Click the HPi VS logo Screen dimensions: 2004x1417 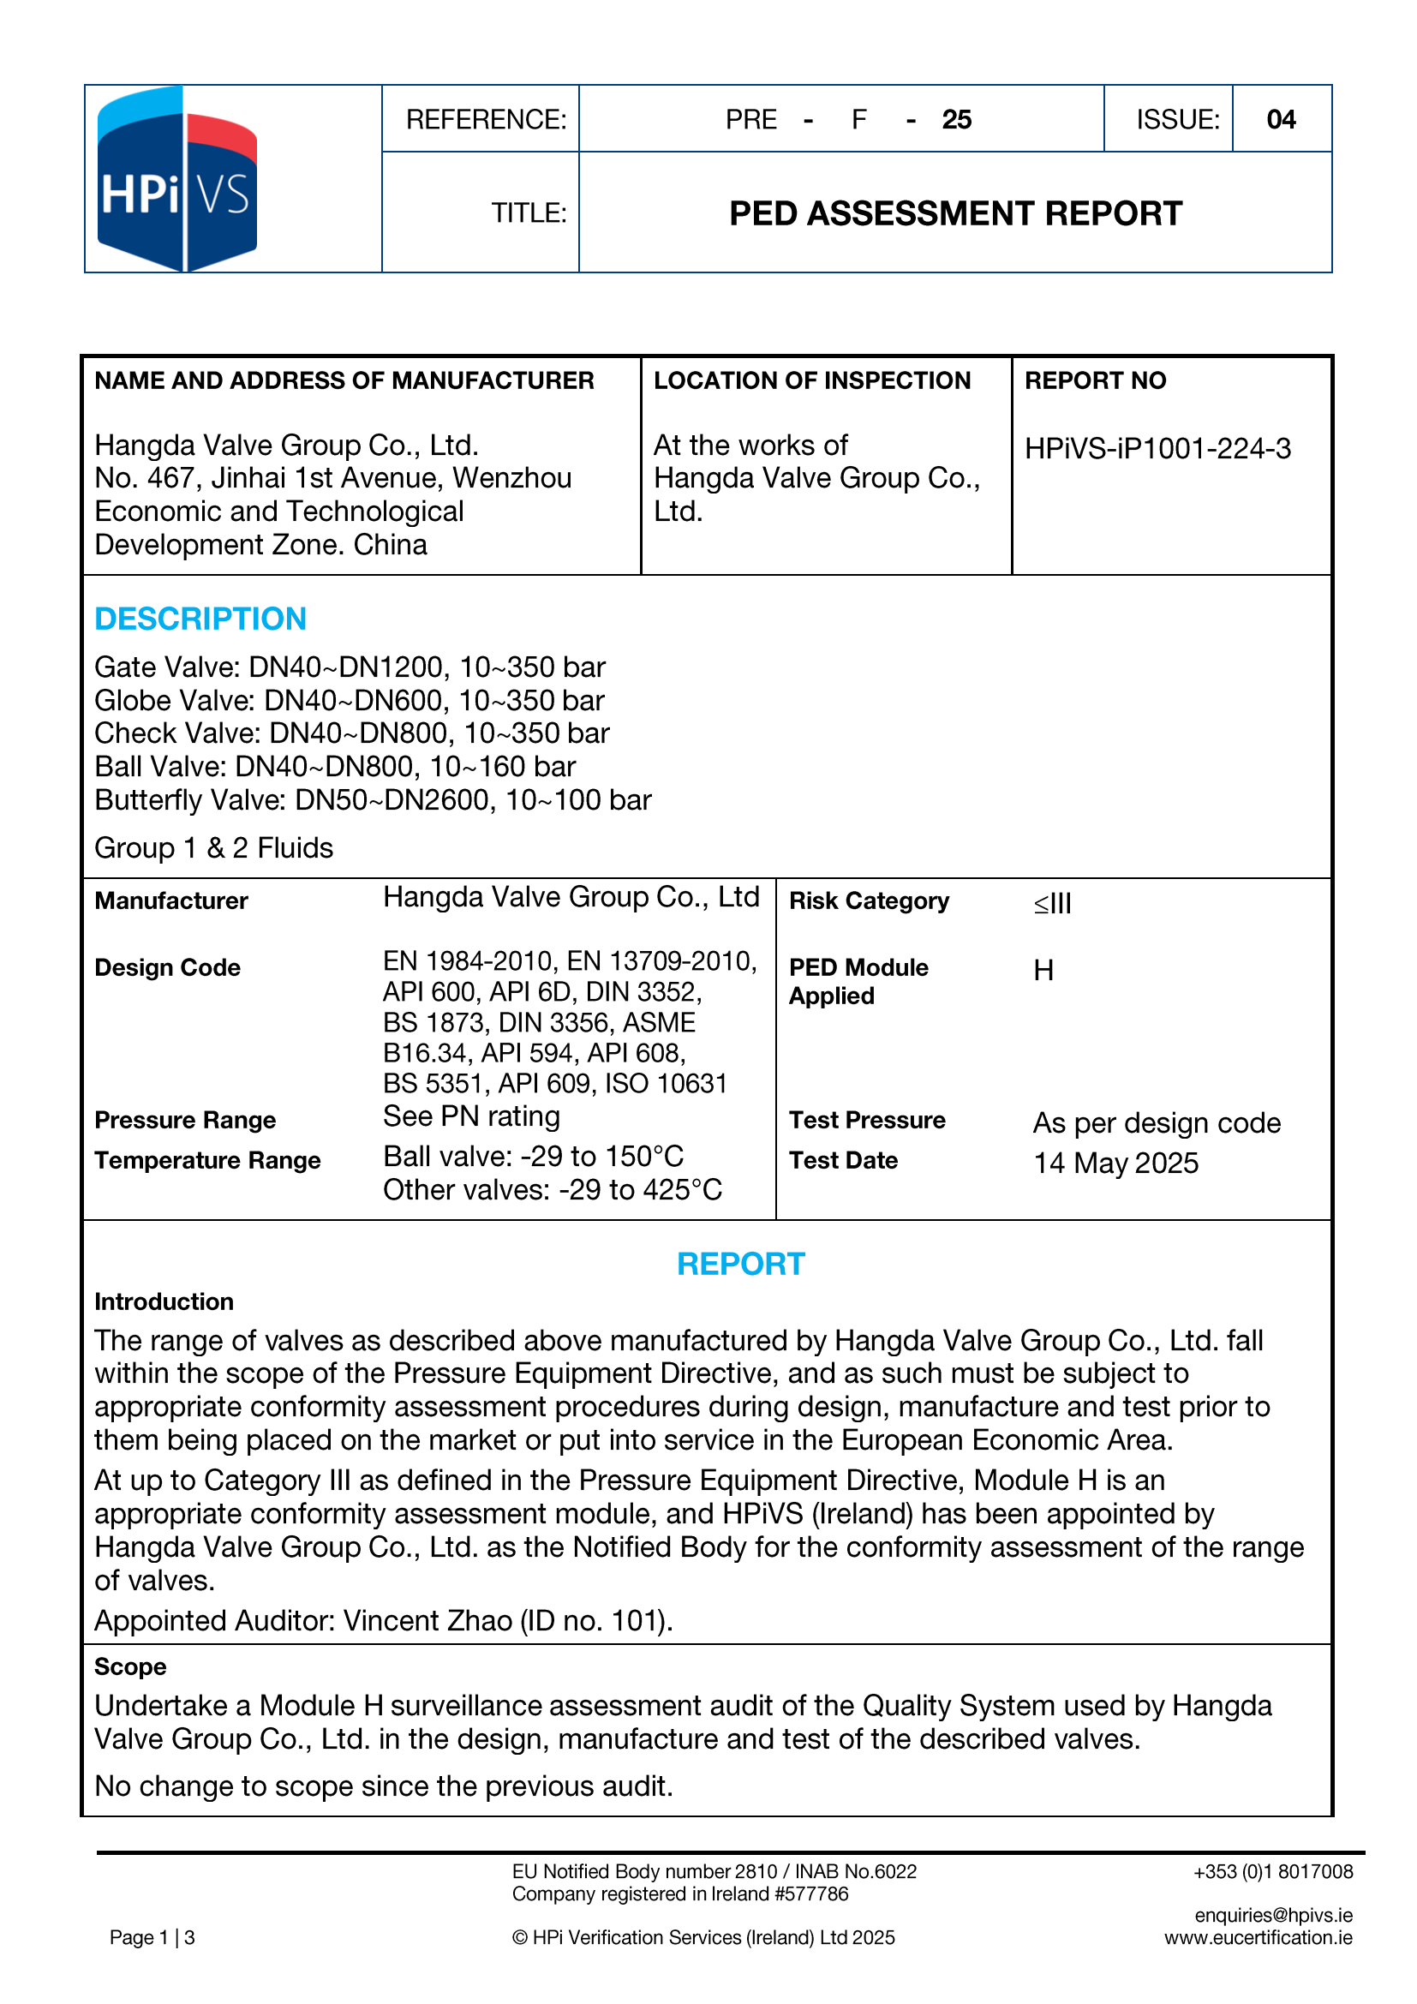pyautogui.click(x=177, y=180)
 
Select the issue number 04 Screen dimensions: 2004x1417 pyautogui.click(x=1280, y=120)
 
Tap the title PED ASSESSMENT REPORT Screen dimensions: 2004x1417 pyautogui.click(x=955, y=214)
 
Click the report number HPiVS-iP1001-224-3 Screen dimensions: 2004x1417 pyautogui.click(x=1157, y=449)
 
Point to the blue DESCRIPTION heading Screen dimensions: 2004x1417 pyautogui.click(x=200, y=619)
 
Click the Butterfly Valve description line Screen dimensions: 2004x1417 pyautogui.click(x=373, y=800)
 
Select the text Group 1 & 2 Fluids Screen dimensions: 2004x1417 pyautogui.click(x=214, y=848)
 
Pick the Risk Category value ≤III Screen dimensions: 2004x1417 pyautogui.click(x=1052, y=902)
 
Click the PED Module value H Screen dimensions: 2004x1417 pyautogui.click(x=1043, y=971)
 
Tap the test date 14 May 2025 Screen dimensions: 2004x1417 pyautogui.click(x=1116, y=1164)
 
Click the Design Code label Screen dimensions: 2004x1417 pyautogui.click(x=168, y=968)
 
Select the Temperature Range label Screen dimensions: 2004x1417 pyautogui.click(x=207, y=1161)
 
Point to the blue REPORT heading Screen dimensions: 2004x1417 pyautogui.click(x=741, y=1264)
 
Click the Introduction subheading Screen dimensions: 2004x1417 pyautogui.click(x=164, y=1301)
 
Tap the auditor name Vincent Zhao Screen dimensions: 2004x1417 pyautogui.click(x=427, y=1621)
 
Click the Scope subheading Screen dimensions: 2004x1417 pyautogui.click(x=130, y=1666)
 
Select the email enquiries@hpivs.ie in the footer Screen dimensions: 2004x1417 pyautogui.click(x=1273, y=1915)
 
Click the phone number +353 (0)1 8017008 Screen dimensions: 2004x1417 pyautogui.click(x=1273, y=1871)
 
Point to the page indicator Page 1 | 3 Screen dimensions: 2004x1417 pyautogui.click(x=152, y=1938)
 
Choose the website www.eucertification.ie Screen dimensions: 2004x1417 pyautogui.click(x=1259, y=1938)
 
